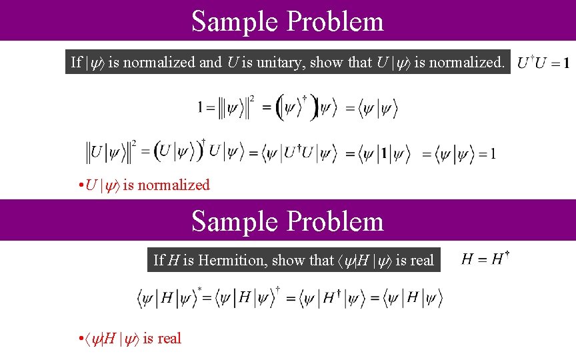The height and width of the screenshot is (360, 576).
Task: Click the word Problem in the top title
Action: tap(335, 21)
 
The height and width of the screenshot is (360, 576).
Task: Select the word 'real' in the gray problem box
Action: tap(421, 260)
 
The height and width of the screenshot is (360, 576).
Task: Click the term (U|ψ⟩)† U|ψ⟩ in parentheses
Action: tap(198, 151)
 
